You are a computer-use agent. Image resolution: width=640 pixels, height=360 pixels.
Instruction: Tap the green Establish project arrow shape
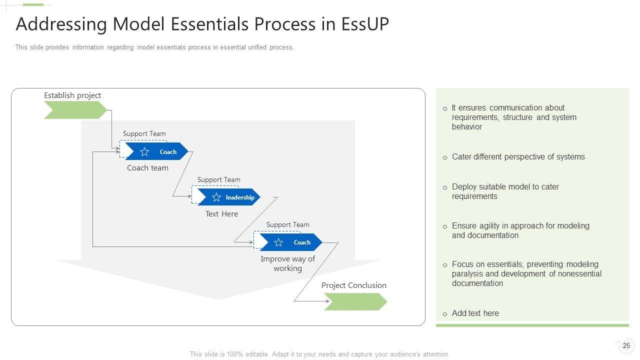pos(75,110)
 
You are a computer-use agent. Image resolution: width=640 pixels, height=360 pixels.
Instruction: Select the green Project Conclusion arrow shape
pos(355,301)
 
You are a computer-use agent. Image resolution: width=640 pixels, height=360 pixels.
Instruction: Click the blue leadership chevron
pos(229,197)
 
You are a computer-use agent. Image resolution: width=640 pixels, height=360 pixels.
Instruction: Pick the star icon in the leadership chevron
pos(216,197)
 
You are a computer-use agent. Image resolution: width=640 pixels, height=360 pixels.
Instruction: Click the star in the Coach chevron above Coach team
pos(144,151)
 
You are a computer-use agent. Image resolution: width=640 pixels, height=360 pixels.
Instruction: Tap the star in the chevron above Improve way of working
pos(278,242)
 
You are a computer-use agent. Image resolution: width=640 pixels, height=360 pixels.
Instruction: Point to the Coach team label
pos(147,168)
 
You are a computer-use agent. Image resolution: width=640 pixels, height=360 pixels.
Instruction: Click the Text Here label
pos(221,214)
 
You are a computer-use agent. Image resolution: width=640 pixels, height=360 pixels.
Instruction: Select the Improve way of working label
pos(287,263)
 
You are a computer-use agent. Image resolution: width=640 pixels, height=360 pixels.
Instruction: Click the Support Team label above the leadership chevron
pos(219,179)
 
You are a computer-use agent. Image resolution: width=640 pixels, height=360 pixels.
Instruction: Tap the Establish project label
pos(72,95)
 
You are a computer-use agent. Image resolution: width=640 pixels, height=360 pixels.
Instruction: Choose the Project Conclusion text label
pos(353,285)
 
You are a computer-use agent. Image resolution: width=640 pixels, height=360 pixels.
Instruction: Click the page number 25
pos(626,345)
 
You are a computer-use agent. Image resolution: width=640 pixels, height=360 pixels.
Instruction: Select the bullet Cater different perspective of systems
pos(518,157)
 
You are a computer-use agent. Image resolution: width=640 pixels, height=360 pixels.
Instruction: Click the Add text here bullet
pos(475,313)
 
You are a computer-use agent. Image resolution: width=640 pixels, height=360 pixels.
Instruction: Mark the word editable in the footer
pos(257,354)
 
